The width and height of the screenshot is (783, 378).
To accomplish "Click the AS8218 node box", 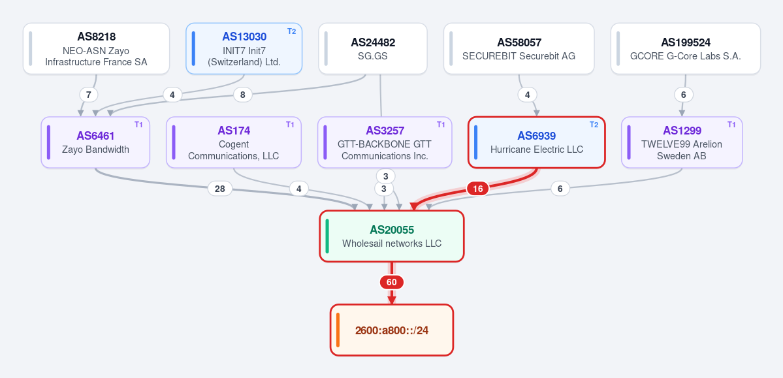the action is pyautogui.click(x=97, y=48).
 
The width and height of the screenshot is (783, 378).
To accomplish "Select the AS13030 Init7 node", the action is pyautogui.click(x=244, y=48).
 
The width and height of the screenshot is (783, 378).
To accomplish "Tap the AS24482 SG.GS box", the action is pyautogui.click(x=372, y=48).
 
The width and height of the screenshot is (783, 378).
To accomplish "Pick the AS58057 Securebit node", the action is pyautogui.click(x=519, y=48).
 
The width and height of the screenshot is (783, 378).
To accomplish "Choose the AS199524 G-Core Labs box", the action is pyautogui.click(x=686, y=48).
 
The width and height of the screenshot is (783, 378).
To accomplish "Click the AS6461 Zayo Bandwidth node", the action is pyautogui.click(x=95, y=142).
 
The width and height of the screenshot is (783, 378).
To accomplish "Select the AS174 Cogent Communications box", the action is pyautogui.click(x=234, y=142).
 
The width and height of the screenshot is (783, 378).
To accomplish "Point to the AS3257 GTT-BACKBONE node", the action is pyautogui.click(x=385, y=142).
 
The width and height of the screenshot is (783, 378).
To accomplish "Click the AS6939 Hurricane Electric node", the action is pyautogui.click(x=537, y=142).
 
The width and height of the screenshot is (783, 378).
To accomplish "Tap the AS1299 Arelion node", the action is pyautogui.click(x=682, y=142).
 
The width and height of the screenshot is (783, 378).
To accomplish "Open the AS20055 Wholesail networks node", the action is pyautogui.click(x=392, y=236).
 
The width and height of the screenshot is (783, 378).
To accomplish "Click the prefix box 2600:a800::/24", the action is pyautogui.click(x=392, y=330).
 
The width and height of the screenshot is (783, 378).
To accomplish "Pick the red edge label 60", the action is pyautogui.click(x=392, y=282).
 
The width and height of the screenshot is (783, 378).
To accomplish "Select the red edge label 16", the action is pyautogui.click(x=478, y=189).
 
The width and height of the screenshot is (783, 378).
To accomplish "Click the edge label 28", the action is pyautogui.click(x=219, y=189).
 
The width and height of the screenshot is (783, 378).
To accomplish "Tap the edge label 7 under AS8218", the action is pyautogui.click(x=88, y=95).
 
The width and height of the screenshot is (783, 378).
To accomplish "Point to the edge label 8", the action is pyautogui.click(x=243, y=95).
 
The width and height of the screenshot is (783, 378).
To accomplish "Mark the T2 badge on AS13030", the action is pyautogui.click(x=292, y=31).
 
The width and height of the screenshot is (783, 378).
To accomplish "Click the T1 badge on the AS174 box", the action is pyautogui.click(x=290, y=124).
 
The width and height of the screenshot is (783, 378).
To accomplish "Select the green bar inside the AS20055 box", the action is pyautogui.click(x=327, y=236).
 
